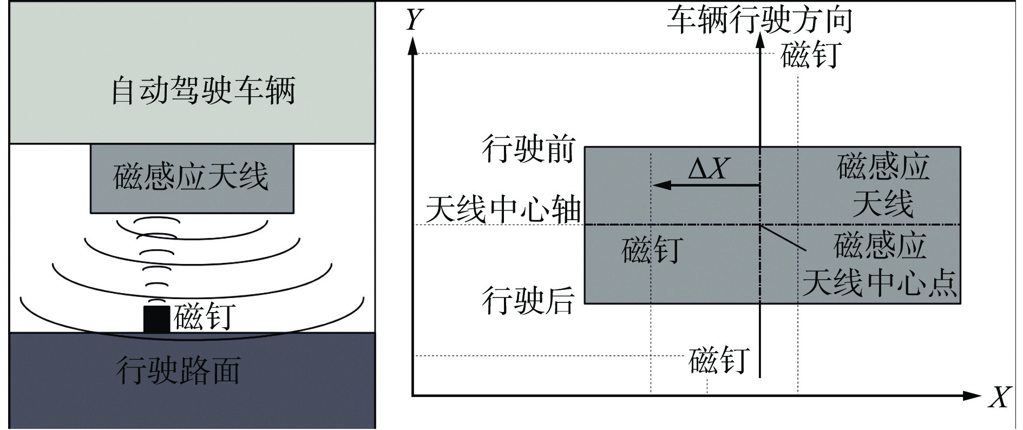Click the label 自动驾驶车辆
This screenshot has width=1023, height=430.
click(203, 91)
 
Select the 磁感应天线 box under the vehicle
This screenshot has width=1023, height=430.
click(192, 178)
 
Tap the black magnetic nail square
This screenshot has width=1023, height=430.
click(156, 319)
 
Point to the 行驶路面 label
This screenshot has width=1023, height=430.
click(178, 371)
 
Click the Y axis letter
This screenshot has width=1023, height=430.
click(414, 19)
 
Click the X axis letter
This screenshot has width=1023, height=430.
click(999, 398)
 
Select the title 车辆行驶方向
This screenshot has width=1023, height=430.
click(759, 21)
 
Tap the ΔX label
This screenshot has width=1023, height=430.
click(707, 168)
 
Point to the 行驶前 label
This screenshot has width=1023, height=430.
click(528, 148)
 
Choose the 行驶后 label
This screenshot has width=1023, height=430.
click(528, 300)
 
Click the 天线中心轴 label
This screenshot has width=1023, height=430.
click(503, 209)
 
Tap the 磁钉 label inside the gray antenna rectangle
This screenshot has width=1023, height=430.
click(652, 249)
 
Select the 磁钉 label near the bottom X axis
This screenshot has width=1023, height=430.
click(719, 360)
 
